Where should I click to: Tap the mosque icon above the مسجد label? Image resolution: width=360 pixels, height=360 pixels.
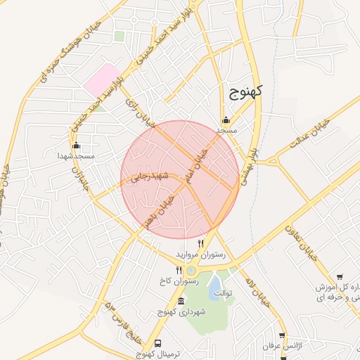226,120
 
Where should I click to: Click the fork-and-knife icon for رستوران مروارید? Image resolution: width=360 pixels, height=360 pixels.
201,243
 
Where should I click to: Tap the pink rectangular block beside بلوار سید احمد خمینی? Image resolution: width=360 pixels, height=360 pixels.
101,80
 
